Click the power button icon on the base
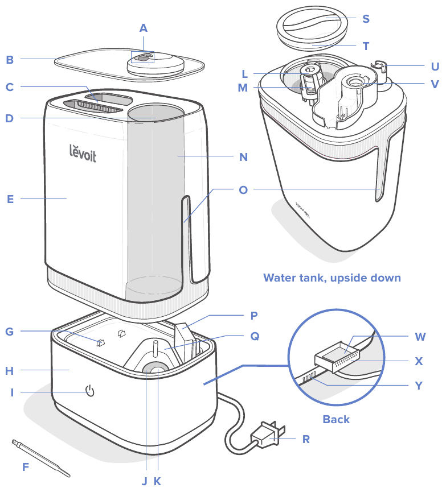(89, 391)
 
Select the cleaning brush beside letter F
(40, 457)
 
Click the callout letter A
(143, 27)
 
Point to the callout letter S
(366, 19)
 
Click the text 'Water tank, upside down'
(332, 278)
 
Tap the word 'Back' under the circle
(336, 419)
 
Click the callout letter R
(306, 439)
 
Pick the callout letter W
(420, 337)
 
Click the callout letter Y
(419, 385)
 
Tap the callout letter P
(254, 315)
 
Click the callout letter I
(11, 392)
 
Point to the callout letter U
(435, 66)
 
